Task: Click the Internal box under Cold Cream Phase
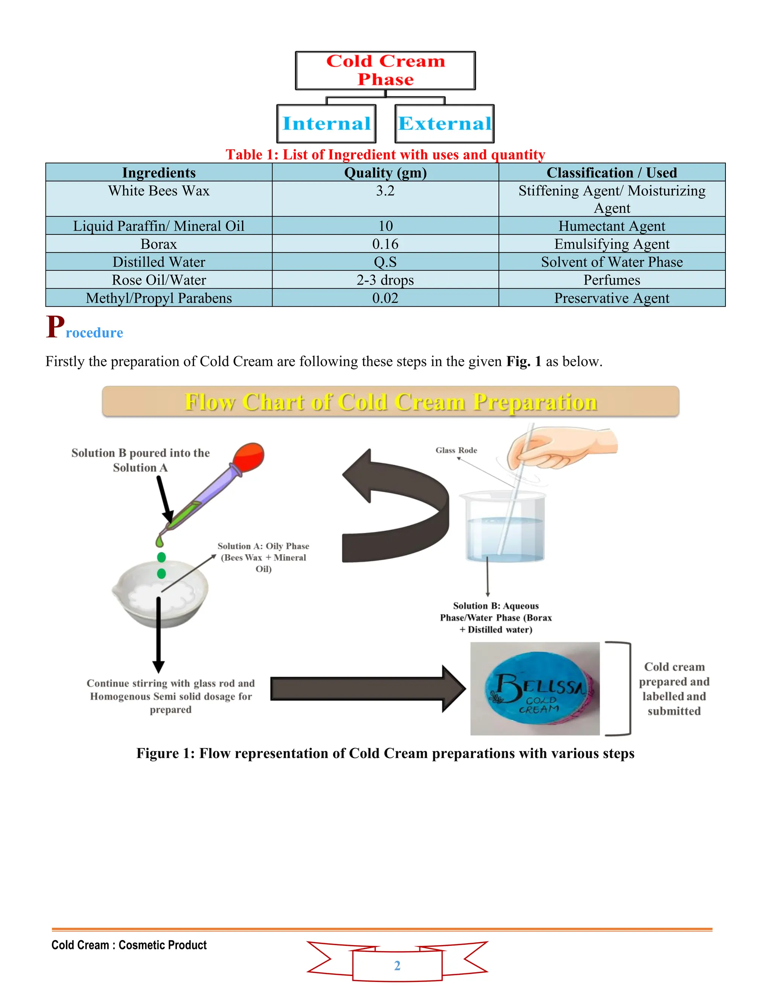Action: tap(326, 124)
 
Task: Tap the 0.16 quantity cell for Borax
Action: tap(385, 244)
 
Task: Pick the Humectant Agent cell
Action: tap(612, 226)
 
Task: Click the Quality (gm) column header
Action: tap(385, 173)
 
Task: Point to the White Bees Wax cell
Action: tap(158, 191)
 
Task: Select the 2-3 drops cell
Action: tap(385, 280)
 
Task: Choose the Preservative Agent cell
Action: tap(612, 298)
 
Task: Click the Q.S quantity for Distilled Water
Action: tap(385, 262)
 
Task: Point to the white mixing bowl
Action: tap(160, 596)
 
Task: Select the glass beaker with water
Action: tap(505, 527)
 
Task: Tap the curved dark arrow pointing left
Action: tap(396, 509)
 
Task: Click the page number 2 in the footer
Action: tap(397, 965)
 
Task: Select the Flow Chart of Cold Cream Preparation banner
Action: tap(390, 402)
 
